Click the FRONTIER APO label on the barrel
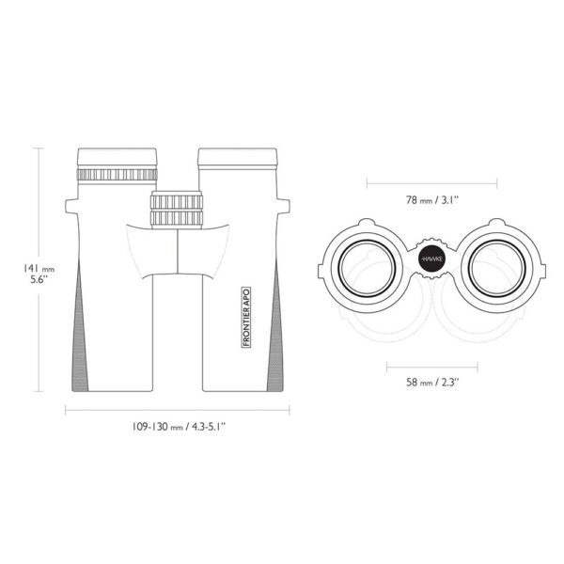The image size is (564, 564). tap(246, 318)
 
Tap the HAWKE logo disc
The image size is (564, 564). tap(431, 259)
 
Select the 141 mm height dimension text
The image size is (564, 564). tap(39, 269)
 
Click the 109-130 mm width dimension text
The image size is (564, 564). tap(179, 427)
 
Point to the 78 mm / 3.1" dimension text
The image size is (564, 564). tap(432, 200)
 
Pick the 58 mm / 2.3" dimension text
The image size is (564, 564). tap(432, 382)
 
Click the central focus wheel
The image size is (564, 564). tap(177, 210)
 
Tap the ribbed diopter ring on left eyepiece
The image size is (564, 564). tap(117, 175)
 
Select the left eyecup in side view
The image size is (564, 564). tap(117, 157)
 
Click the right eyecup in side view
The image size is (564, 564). tap(238, 157)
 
